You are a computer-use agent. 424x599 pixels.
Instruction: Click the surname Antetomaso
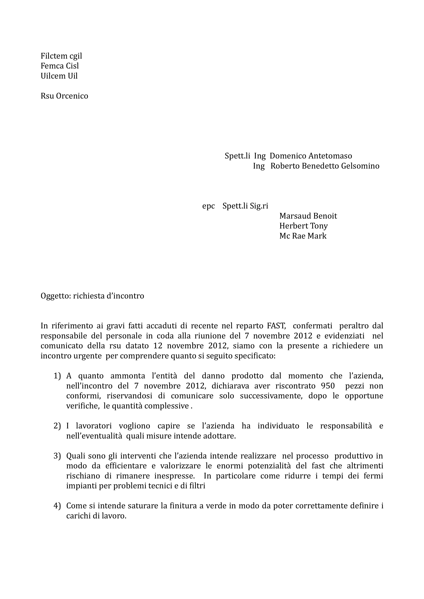tap(330, 156)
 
